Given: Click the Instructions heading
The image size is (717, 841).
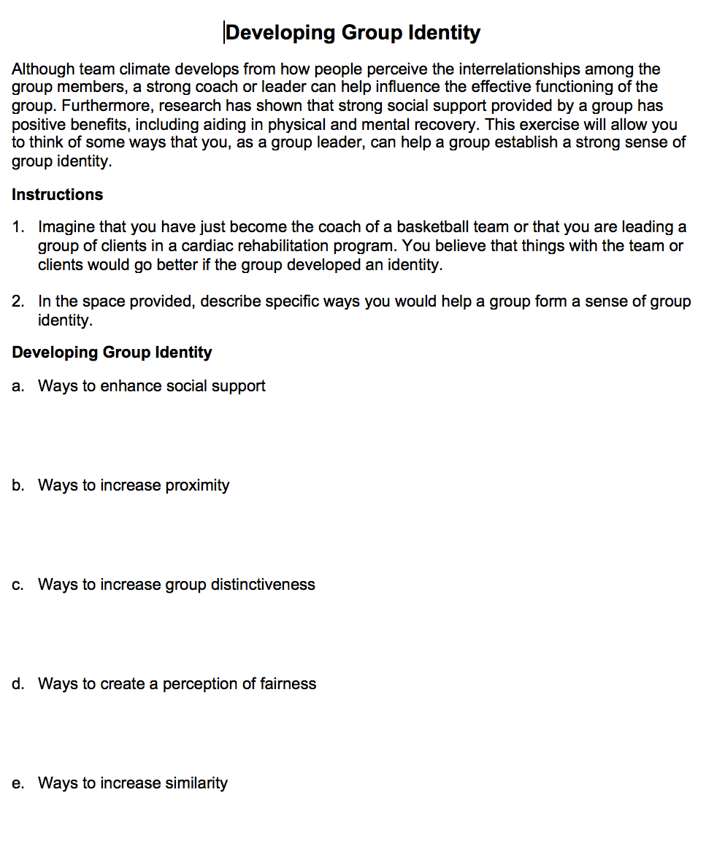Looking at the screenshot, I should (57, 195).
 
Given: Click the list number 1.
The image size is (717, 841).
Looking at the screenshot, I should (18, 227).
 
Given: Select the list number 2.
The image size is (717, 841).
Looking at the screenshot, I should (18, 302).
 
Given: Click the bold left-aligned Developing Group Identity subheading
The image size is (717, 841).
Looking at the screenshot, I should (112, 353).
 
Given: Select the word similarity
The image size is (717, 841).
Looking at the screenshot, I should (196, 783).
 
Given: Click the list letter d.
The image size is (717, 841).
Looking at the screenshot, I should (18, 684).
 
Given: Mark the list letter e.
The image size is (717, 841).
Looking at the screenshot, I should (18, 783).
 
